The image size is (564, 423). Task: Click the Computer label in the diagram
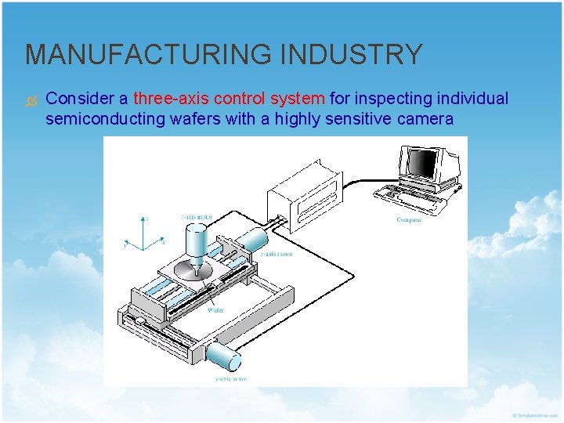coord(409,220)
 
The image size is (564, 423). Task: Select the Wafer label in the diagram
coord(215,310)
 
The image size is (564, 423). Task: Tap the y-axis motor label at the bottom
coord(231,380)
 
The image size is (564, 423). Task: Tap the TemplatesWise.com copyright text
coord(535,414)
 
